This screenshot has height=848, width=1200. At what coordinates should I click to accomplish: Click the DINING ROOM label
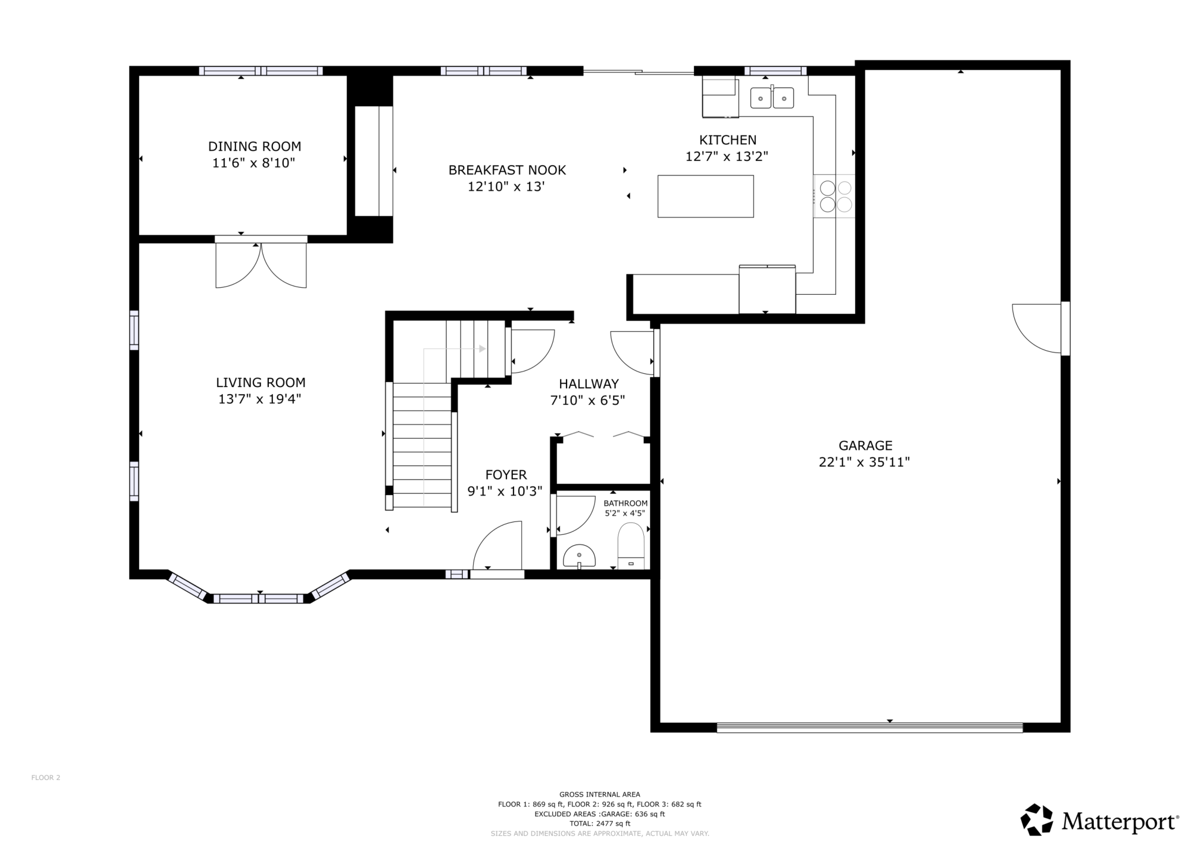coord(254,147)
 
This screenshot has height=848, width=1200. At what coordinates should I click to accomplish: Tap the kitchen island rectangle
coord(706,196)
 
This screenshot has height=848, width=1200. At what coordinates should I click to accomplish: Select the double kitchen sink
coord(772,98)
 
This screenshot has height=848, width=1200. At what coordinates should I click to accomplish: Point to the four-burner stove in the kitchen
coord(835,196)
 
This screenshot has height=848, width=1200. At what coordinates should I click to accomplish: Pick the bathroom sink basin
coord(579,557)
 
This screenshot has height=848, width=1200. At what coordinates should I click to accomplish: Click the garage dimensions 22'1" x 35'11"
coord(864,462)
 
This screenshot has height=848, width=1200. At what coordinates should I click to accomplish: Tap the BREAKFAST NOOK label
coord(507,170)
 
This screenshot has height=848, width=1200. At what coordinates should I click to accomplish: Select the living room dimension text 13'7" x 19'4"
coord(260,399)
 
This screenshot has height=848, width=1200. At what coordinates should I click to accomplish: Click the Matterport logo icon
coord(1037,820)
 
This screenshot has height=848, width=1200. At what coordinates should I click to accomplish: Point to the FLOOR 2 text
coord(46,778)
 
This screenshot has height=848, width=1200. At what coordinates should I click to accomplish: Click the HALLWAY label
coord(588,384)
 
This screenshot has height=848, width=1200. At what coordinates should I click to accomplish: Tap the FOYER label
coord(506,475)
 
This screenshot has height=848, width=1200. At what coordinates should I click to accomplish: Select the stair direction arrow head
coord(482,348)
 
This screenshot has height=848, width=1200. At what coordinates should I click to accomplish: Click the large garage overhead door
coord(869,727)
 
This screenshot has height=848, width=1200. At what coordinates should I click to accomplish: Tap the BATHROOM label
coord(625,504)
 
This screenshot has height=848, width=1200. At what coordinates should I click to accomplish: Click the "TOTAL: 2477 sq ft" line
coord(599,824)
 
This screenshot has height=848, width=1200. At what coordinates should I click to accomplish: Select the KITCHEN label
coord(727,140)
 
